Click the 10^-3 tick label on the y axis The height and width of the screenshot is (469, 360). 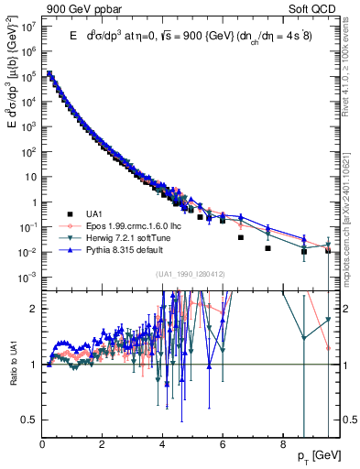point(28,277)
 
